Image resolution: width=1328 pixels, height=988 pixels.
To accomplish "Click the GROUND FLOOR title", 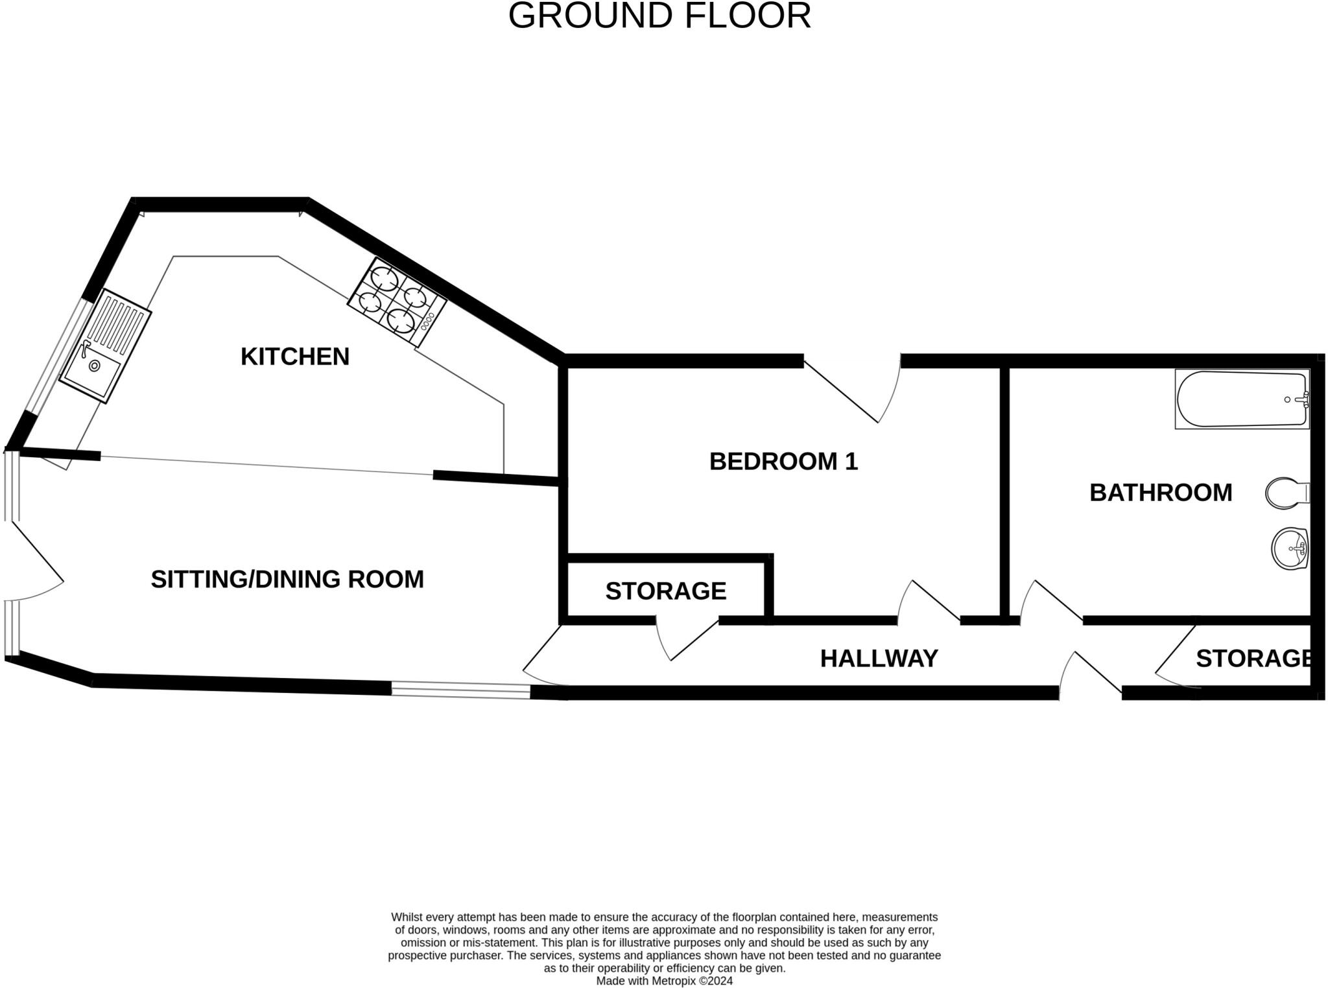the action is (659, 16).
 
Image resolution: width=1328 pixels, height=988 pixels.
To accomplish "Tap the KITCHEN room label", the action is (294, 357).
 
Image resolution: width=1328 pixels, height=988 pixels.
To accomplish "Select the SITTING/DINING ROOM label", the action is (287, 579).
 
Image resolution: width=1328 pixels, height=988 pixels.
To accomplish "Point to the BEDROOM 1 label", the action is (783, 461).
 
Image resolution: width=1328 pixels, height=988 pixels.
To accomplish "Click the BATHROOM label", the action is (1161, 493).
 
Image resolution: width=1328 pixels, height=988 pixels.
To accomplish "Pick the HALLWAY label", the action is (879, 658).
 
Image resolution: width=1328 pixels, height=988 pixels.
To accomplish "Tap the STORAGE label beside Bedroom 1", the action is (665, 591).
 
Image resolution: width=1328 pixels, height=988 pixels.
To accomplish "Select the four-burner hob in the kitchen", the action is (397, 302).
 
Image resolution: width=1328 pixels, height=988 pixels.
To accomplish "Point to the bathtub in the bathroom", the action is (1242, 399).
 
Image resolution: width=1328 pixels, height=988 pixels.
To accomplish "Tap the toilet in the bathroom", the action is (1286, 493).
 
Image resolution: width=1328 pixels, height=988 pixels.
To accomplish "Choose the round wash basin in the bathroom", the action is (1290, 548).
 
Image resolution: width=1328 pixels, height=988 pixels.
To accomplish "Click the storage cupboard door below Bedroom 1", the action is (686, 639).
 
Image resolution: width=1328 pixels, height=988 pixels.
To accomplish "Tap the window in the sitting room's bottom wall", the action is (460, 690).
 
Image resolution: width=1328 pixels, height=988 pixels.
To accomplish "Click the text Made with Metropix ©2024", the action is (664, 981).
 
